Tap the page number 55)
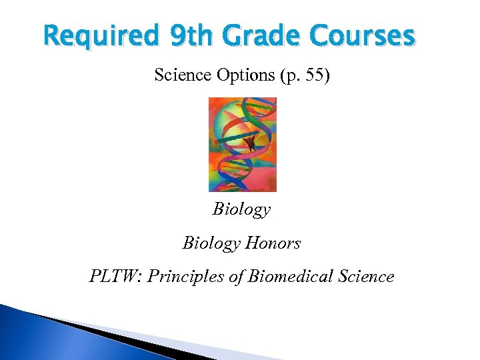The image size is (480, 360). [315, 75]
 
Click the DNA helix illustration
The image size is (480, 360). [242, 144]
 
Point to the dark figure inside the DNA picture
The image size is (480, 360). [251, 141]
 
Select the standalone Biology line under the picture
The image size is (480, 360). [241, 209]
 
